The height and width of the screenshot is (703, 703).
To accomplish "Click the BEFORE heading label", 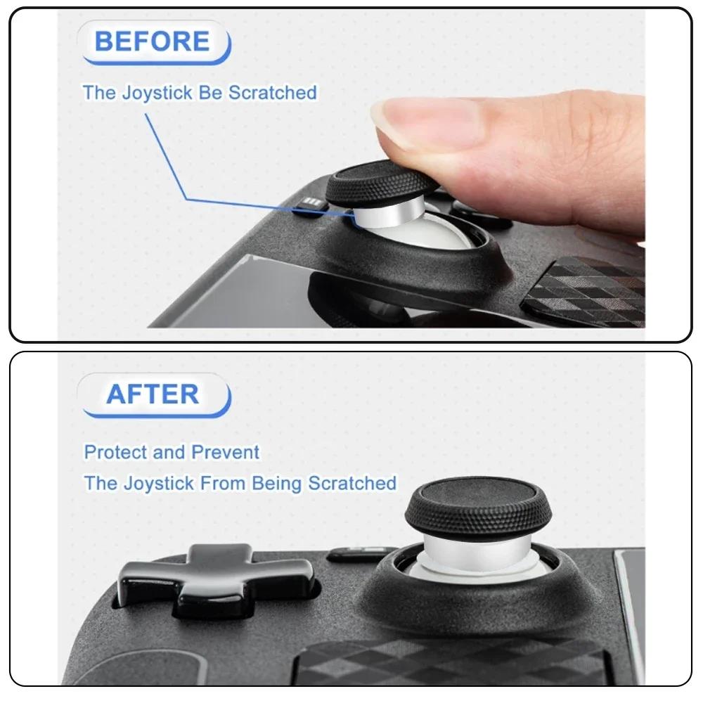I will pyautogui.click(x=152, y=41).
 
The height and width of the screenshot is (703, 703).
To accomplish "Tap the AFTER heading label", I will pyautogui.click(x=153, y=394).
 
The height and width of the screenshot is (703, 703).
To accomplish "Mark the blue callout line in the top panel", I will pyautogui.click(x=167, y=155).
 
